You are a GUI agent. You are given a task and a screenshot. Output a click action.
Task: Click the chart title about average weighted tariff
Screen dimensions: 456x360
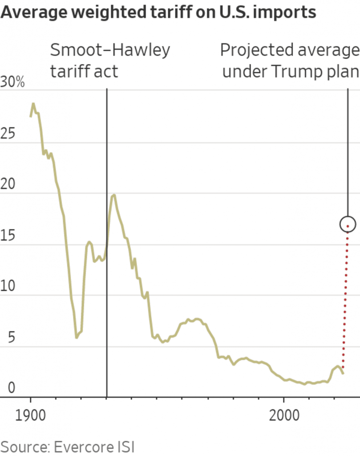click(x=158, y=12)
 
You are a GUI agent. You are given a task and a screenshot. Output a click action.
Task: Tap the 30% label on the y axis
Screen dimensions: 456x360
click(x=13, y=83)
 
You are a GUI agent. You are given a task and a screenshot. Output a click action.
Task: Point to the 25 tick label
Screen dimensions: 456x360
click(x=8, y=134)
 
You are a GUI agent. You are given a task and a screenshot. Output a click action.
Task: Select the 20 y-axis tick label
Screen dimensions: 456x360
click(x=8, y=185)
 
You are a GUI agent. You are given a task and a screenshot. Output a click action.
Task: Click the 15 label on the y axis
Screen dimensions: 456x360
click(x=8, y=236)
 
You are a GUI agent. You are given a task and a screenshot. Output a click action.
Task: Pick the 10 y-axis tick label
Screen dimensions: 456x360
click(x=8, y=287)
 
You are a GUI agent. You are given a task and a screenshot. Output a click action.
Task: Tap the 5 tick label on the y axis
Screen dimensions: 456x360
click(x=5, y=338)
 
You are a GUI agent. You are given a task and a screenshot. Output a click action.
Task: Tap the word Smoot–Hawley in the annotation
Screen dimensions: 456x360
click(x=110, y=50)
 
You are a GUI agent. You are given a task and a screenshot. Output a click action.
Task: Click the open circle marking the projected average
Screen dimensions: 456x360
click(x=348, y=224)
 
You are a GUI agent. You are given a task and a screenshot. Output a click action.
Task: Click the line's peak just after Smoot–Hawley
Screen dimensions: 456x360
click(x=114, y=195)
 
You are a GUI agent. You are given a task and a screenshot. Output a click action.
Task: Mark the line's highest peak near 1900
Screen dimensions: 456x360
click(x=33, y=104)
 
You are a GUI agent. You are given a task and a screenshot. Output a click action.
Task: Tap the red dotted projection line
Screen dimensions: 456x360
click(x=345, y=303)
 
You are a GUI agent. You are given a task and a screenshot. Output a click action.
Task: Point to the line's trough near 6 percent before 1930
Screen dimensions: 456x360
click(x=77, y=337)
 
